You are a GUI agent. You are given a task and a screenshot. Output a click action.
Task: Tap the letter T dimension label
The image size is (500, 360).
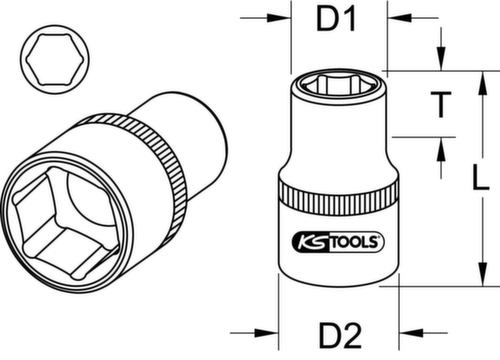[437, 104]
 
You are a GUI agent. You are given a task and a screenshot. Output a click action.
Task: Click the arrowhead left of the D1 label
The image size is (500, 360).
[283, 18]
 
